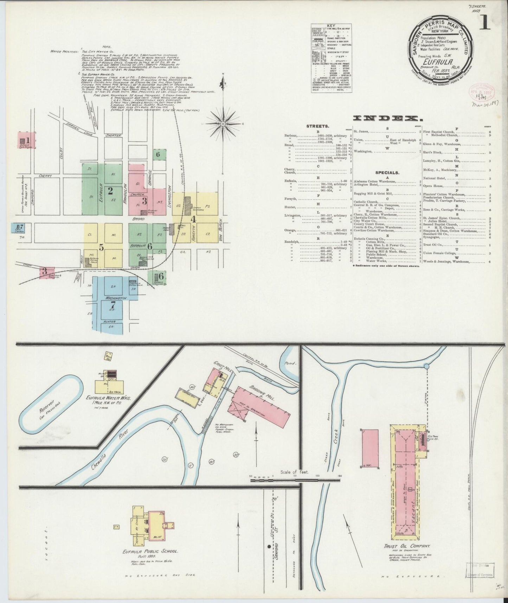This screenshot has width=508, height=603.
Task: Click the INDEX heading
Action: (387, 119)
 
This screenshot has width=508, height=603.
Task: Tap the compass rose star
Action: (223, 124)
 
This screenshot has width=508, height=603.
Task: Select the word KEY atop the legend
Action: (331, 26)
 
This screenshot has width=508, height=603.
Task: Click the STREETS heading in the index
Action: (318, 126)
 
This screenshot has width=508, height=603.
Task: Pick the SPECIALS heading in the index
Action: (387, 173)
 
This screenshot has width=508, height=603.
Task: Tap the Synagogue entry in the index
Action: (435, 237)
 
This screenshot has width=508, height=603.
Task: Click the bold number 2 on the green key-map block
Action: (110, 191)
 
